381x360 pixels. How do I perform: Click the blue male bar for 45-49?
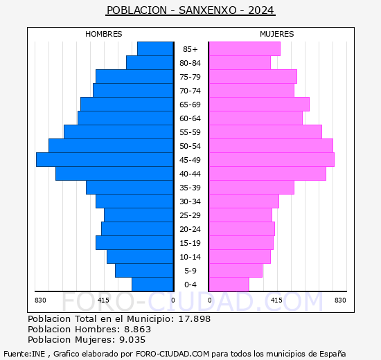104,160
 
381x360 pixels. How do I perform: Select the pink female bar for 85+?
244,49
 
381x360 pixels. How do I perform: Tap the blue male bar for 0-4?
152,285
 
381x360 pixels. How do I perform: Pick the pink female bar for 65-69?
258,105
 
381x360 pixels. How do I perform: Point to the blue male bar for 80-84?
149,63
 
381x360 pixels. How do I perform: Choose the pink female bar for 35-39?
251,188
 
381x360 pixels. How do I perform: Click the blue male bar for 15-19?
134,243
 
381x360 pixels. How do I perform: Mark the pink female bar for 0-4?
228,285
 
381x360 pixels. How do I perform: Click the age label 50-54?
190,146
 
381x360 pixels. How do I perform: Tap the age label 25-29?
190,215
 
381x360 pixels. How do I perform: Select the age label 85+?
190,49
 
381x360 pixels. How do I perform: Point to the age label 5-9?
190,271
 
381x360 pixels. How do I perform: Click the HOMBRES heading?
104,34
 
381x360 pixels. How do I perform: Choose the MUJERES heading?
276,34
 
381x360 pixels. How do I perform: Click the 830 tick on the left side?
40,300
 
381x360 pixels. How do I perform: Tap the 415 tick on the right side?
276,300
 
